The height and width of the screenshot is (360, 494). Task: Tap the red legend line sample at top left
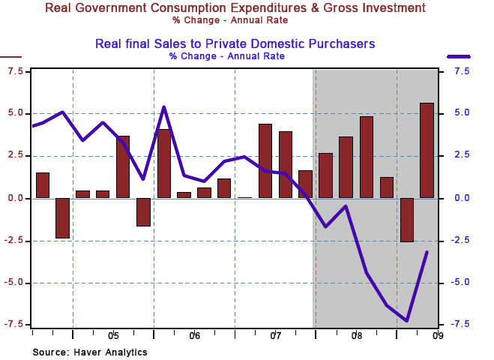[11, 56]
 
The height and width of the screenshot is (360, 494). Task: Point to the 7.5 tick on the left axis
[15, 71]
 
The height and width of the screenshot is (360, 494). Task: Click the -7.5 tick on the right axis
[461, 324]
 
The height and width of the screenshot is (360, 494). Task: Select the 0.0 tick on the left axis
[15, 198]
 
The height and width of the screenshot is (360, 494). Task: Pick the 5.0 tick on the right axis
[461, 113]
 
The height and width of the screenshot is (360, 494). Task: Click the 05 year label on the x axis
[113, 335]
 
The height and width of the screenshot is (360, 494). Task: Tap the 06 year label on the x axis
[194, 335]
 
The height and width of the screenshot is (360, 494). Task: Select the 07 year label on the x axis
[275, 335]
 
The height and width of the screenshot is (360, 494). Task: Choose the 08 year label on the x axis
[356, 335]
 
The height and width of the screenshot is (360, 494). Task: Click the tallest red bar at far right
[427, 150]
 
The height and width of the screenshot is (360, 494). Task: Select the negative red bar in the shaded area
[406, 220]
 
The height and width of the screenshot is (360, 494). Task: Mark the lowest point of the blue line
[406, 321]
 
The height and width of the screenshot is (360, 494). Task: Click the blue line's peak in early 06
[164, 107]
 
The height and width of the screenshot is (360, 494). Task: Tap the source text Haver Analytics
[90, 352]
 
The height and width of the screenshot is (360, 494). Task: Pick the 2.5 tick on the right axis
[461, 156]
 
